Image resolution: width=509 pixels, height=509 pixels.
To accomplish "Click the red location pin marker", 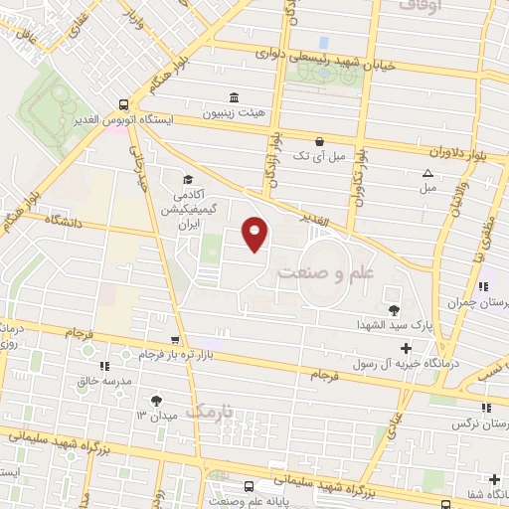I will point(256,234).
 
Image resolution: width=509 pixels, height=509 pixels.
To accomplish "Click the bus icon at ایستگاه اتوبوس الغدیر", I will point(123,103).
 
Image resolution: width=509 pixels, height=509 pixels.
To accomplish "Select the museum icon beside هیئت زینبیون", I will point(234,97).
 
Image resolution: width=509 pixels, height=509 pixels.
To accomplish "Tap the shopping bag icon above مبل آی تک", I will point(319,142).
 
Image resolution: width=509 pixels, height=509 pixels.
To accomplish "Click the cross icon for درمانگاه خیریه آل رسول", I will point(406,348).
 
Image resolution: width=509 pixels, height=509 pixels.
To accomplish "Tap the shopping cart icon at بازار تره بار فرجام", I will point(175,340).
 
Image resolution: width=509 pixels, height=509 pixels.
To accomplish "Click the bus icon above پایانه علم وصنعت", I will point(247,487).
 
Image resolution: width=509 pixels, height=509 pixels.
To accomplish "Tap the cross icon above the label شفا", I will point(494,480).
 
